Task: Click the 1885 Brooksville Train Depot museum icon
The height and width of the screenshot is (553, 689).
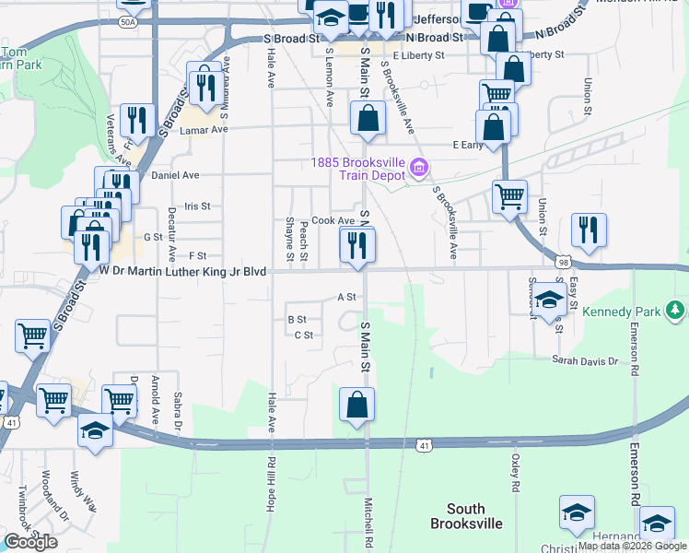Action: (418, 167)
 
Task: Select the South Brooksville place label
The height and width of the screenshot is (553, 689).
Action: (466, 516)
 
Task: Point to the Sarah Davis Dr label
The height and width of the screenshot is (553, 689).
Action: (585, 360)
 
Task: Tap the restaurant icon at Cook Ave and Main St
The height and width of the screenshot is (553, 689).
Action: (357, 244)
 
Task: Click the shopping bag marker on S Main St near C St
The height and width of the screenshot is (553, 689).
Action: (356, 404)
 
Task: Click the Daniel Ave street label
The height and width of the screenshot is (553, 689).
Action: (175, 174)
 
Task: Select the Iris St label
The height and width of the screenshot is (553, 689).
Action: (197, 206)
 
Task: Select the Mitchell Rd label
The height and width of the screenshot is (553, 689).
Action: (367, 523)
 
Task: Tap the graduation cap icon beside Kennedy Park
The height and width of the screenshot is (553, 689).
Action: (548, 300)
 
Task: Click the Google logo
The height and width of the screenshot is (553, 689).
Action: (30, 542)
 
